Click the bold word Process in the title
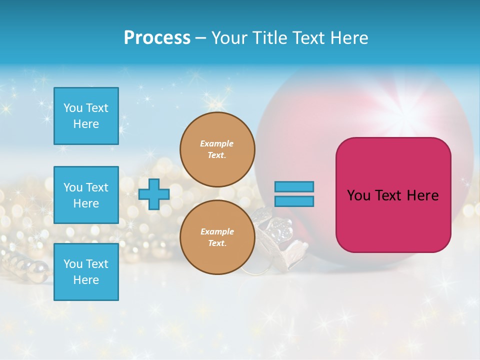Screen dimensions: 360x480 [157, 38]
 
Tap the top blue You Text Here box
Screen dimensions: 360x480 [86, 116]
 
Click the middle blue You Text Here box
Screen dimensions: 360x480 [86, 195]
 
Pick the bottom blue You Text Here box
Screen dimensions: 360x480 [86, 272]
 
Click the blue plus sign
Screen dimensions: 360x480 [153, 194]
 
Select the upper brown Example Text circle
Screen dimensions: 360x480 [217, 149]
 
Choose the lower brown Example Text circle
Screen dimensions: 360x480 [217, 237]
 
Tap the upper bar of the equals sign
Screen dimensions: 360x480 [294, 186]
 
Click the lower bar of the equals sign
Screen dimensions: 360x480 [294, 201]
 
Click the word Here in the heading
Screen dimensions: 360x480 [349, 38]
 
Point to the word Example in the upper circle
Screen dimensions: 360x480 [216, 143]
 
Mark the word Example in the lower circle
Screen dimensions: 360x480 [216, 231]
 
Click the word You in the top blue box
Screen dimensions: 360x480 [73, 108]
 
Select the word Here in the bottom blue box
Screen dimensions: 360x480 [86, 280]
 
